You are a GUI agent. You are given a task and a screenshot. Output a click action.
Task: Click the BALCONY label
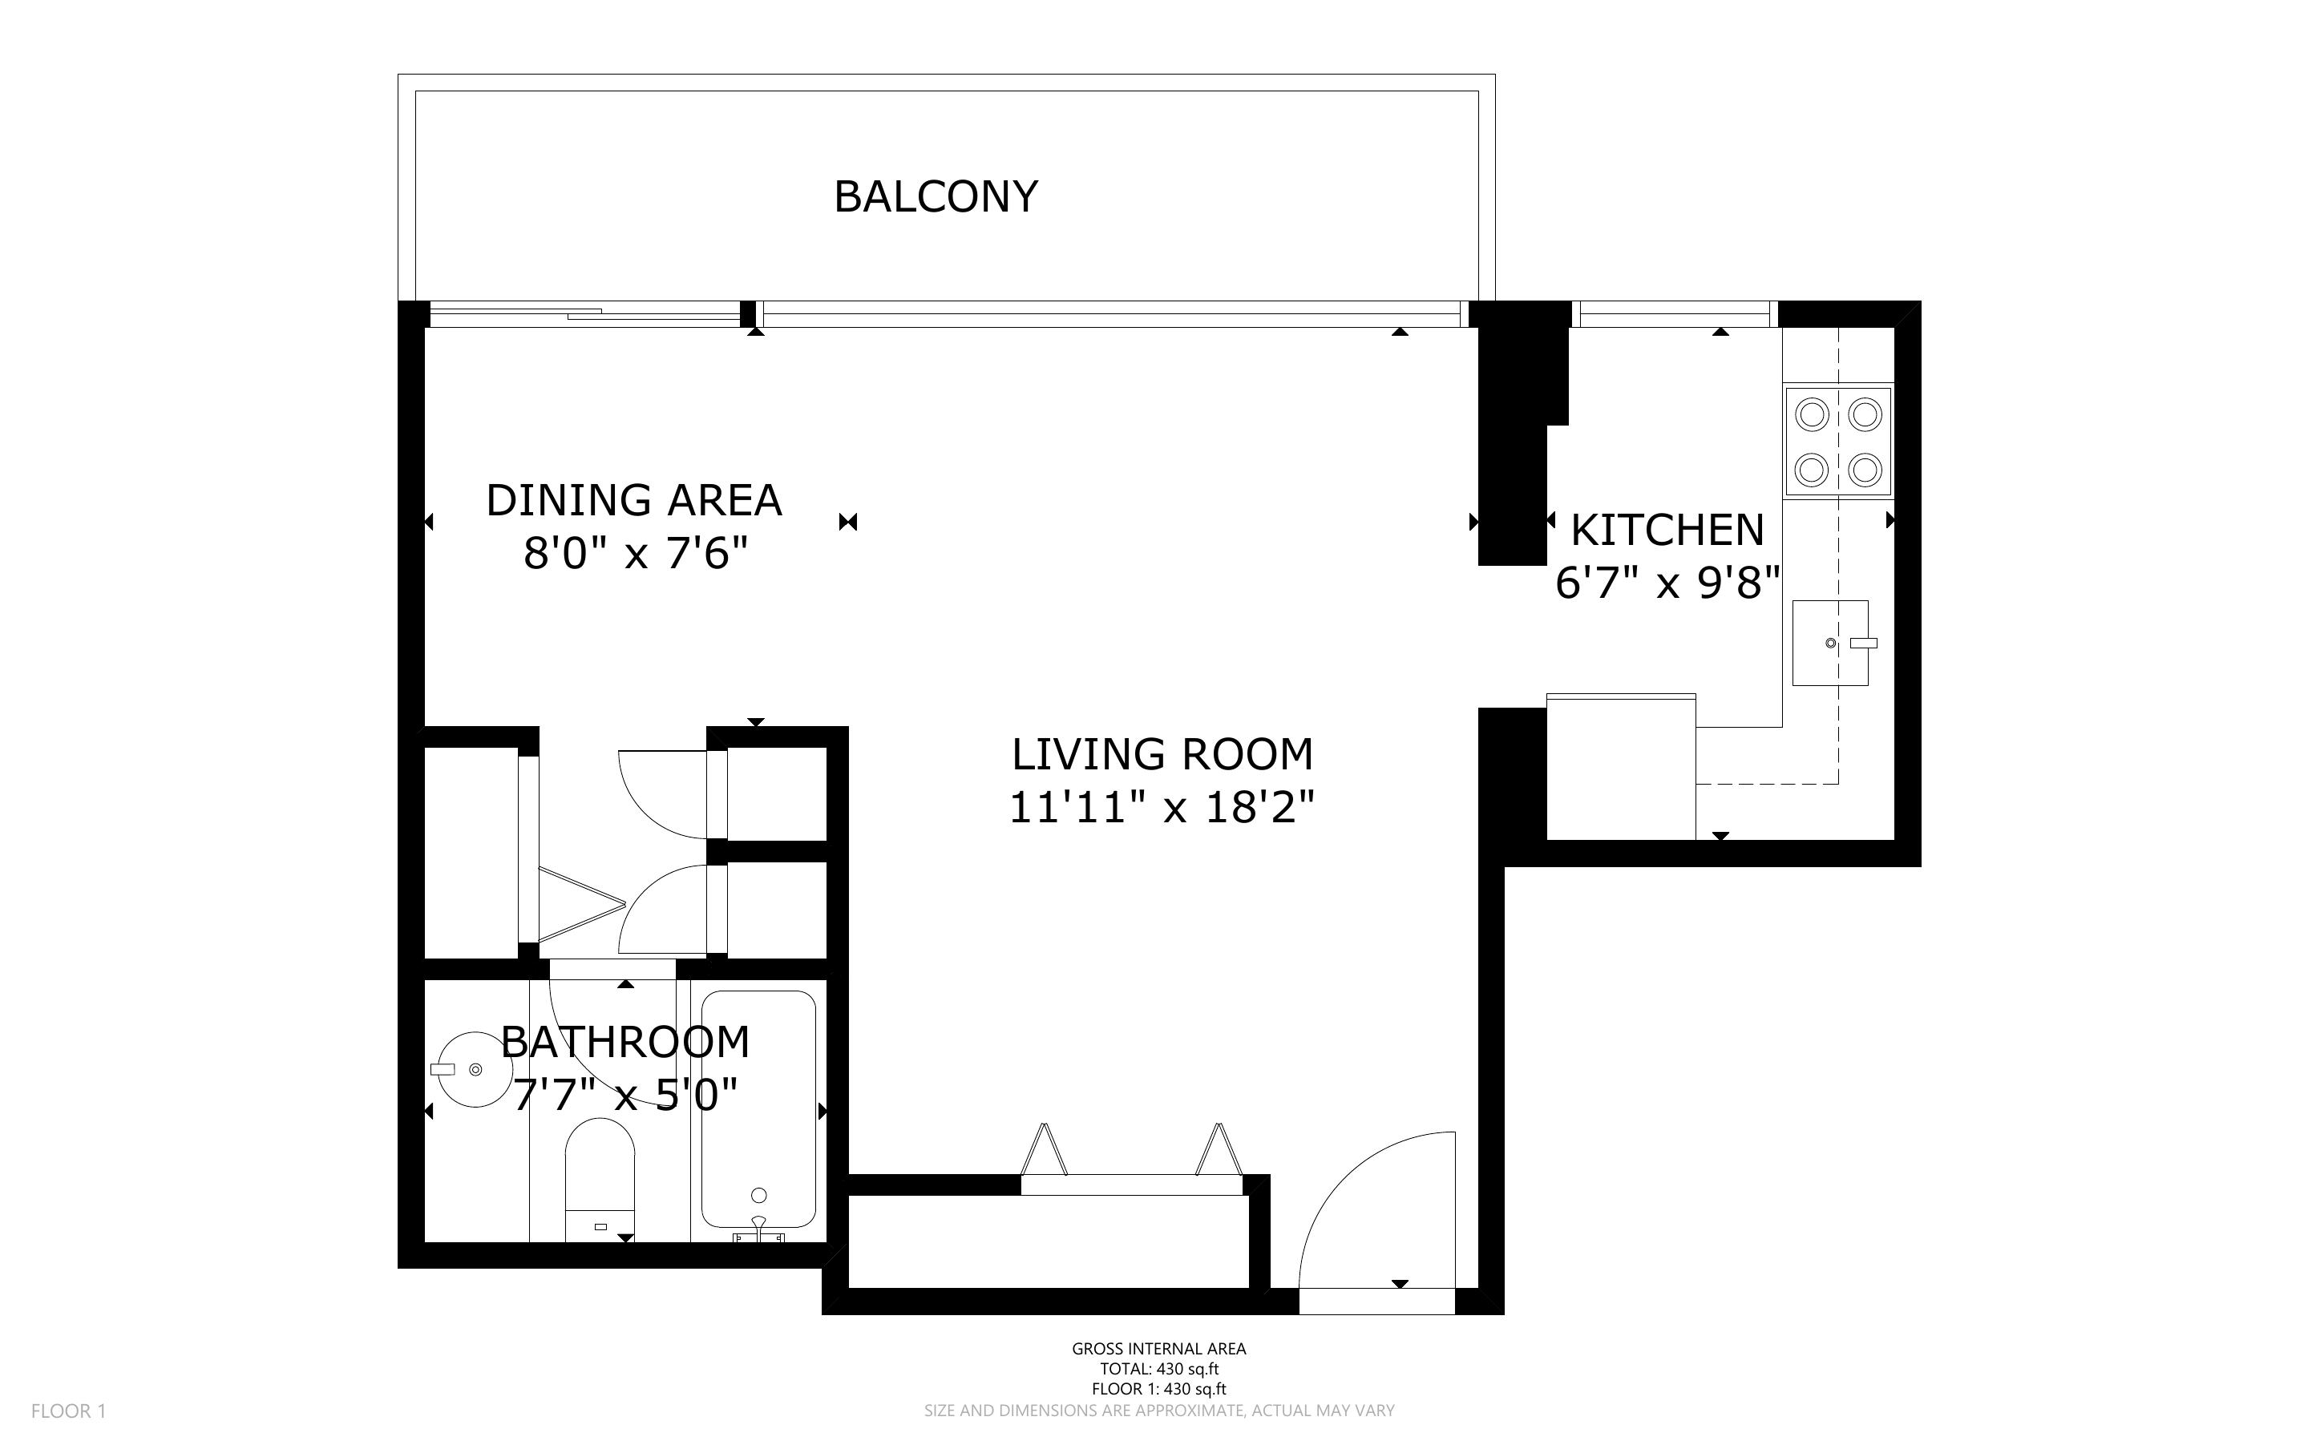(x=936, y=196)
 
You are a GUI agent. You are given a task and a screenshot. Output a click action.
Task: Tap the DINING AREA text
(x=634, y=500)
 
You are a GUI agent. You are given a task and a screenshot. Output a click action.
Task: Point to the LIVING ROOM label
(x=1162, y=754)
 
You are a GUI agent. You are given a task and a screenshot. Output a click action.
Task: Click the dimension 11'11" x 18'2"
(x=1162, y=807)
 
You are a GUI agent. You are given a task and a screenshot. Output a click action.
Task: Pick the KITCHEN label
(x=1667, y=530)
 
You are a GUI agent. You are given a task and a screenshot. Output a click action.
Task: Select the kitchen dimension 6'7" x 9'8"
(x=1667, y=582)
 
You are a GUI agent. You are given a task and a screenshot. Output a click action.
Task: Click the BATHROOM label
(x=626, y=1042)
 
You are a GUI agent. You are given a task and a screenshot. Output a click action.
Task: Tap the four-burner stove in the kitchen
(x=1838, y=442)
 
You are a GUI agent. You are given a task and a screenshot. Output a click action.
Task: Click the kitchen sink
(x=1830, y=643)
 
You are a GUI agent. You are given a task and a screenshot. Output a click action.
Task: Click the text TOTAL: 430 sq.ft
(x=1158, y=1369)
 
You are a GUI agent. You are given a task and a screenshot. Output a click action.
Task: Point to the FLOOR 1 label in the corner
(x=68, y=1411)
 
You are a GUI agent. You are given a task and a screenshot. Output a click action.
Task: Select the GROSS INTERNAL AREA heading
(x=1158, y=1348)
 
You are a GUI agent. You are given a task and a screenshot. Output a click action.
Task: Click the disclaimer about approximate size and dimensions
(x=1158, y=1411)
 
